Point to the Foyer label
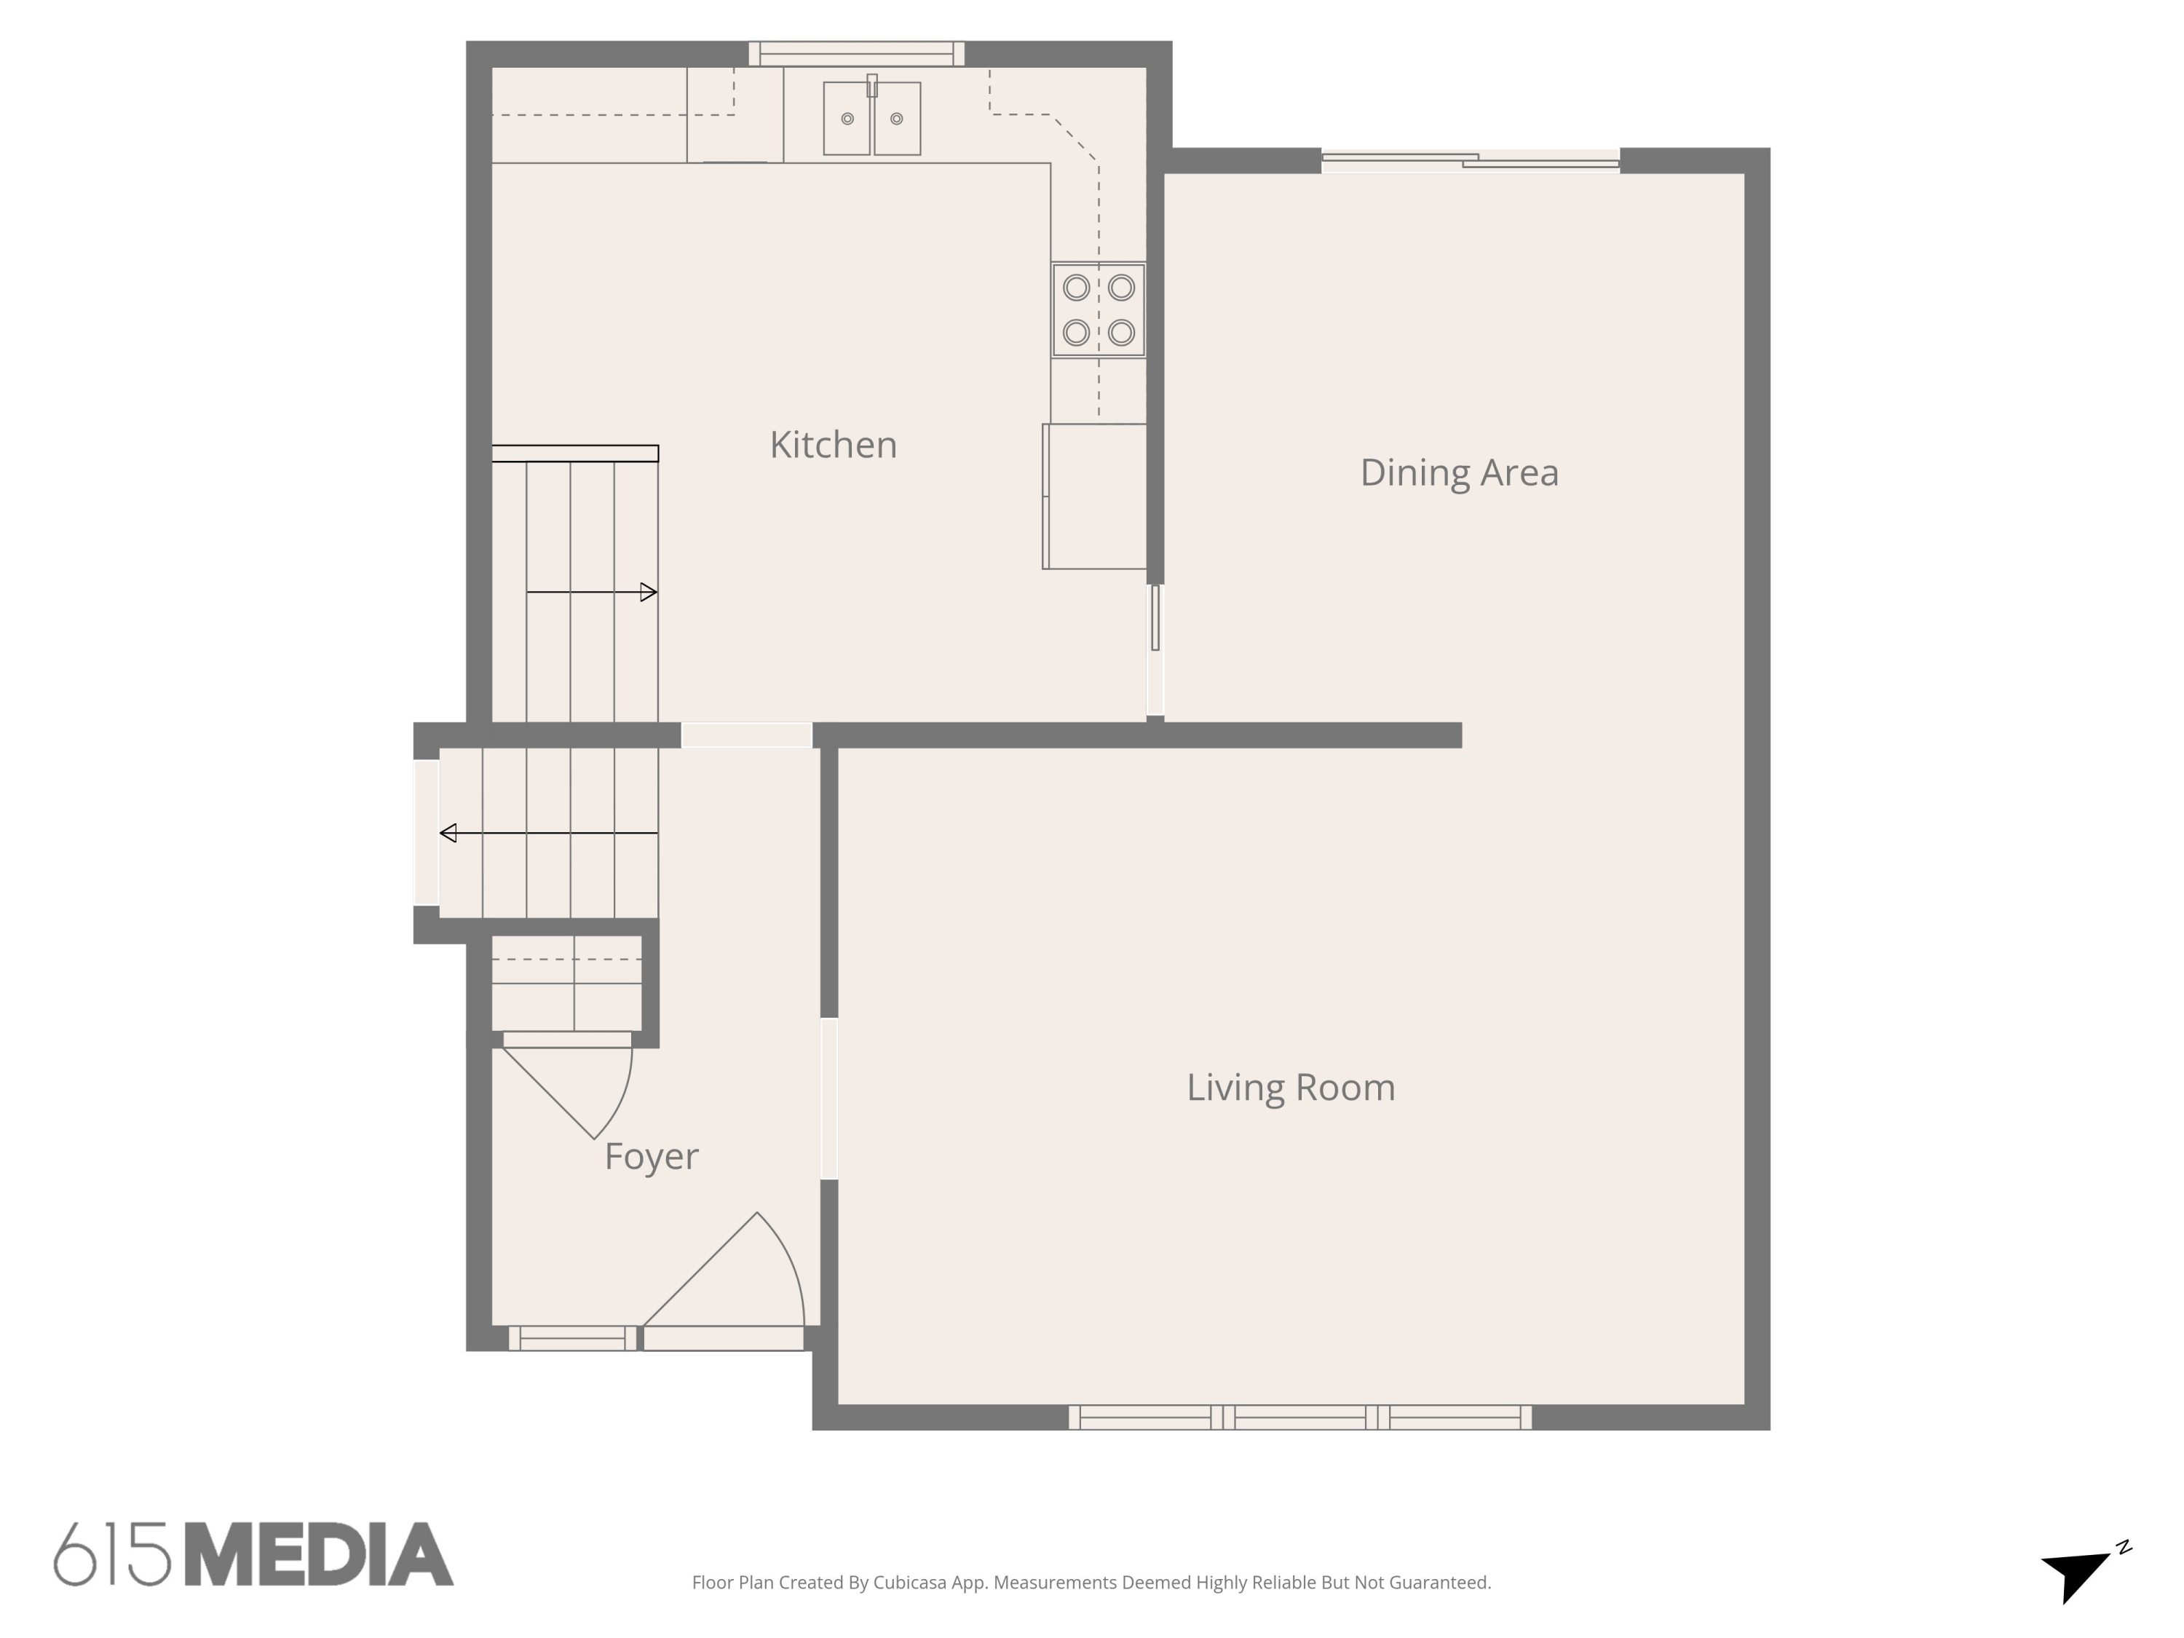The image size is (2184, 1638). [651, 1156]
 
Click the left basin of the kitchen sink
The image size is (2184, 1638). [846, 119]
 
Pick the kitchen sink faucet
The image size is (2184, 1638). [872, 86]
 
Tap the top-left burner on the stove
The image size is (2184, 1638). [1076, 288]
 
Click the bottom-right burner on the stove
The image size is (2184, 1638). [1120, 333]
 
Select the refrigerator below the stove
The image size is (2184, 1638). [1095, 496]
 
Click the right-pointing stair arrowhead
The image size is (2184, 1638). [649, 593]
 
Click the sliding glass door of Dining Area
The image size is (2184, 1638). [1469, 161]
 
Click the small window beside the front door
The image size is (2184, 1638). [573, 1339]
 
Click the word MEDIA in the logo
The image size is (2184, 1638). [318, 1555]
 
